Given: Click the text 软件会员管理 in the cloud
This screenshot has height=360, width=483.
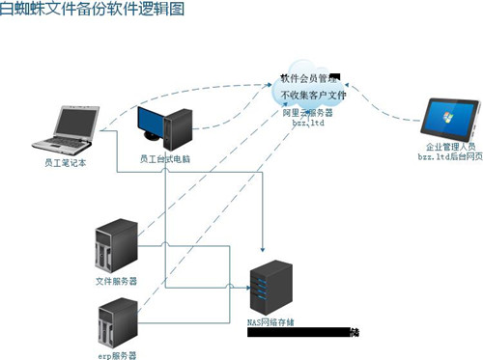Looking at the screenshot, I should pyautogui.click(x=309, y=77).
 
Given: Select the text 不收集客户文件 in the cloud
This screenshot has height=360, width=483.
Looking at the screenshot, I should pyautogui.click(x=313, y=95).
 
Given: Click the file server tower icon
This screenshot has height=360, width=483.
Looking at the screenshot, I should pyautogui.click(x=113, y=249).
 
